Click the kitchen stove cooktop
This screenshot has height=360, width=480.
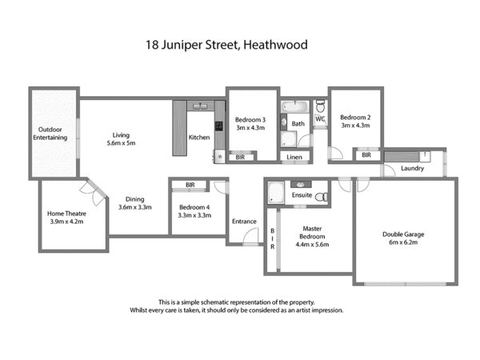pyautogui.click(x=218, y=125)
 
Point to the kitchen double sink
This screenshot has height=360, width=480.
pyautogui.click(x=199, y=106)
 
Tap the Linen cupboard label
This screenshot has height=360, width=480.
pyautogui.click(x=294, y=158)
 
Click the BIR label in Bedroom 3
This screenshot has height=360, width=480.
pyautogui.click(x=240, y=158)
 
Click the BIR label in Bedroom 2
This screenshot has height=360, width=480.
pyautogui.click(x=366, y=155)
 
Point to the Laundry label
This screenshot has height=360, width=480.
pyautogui.click(x=412, y=169)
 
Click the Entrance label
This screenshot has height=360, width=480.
pyautogui.click(x=244, y=222)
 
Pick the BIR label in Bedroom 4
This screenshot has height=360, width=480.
pyautogui.click(x=190, y=185)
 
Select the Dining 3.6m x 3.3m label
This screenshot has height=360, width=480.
pyautogui.click(x=134, y=203)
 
